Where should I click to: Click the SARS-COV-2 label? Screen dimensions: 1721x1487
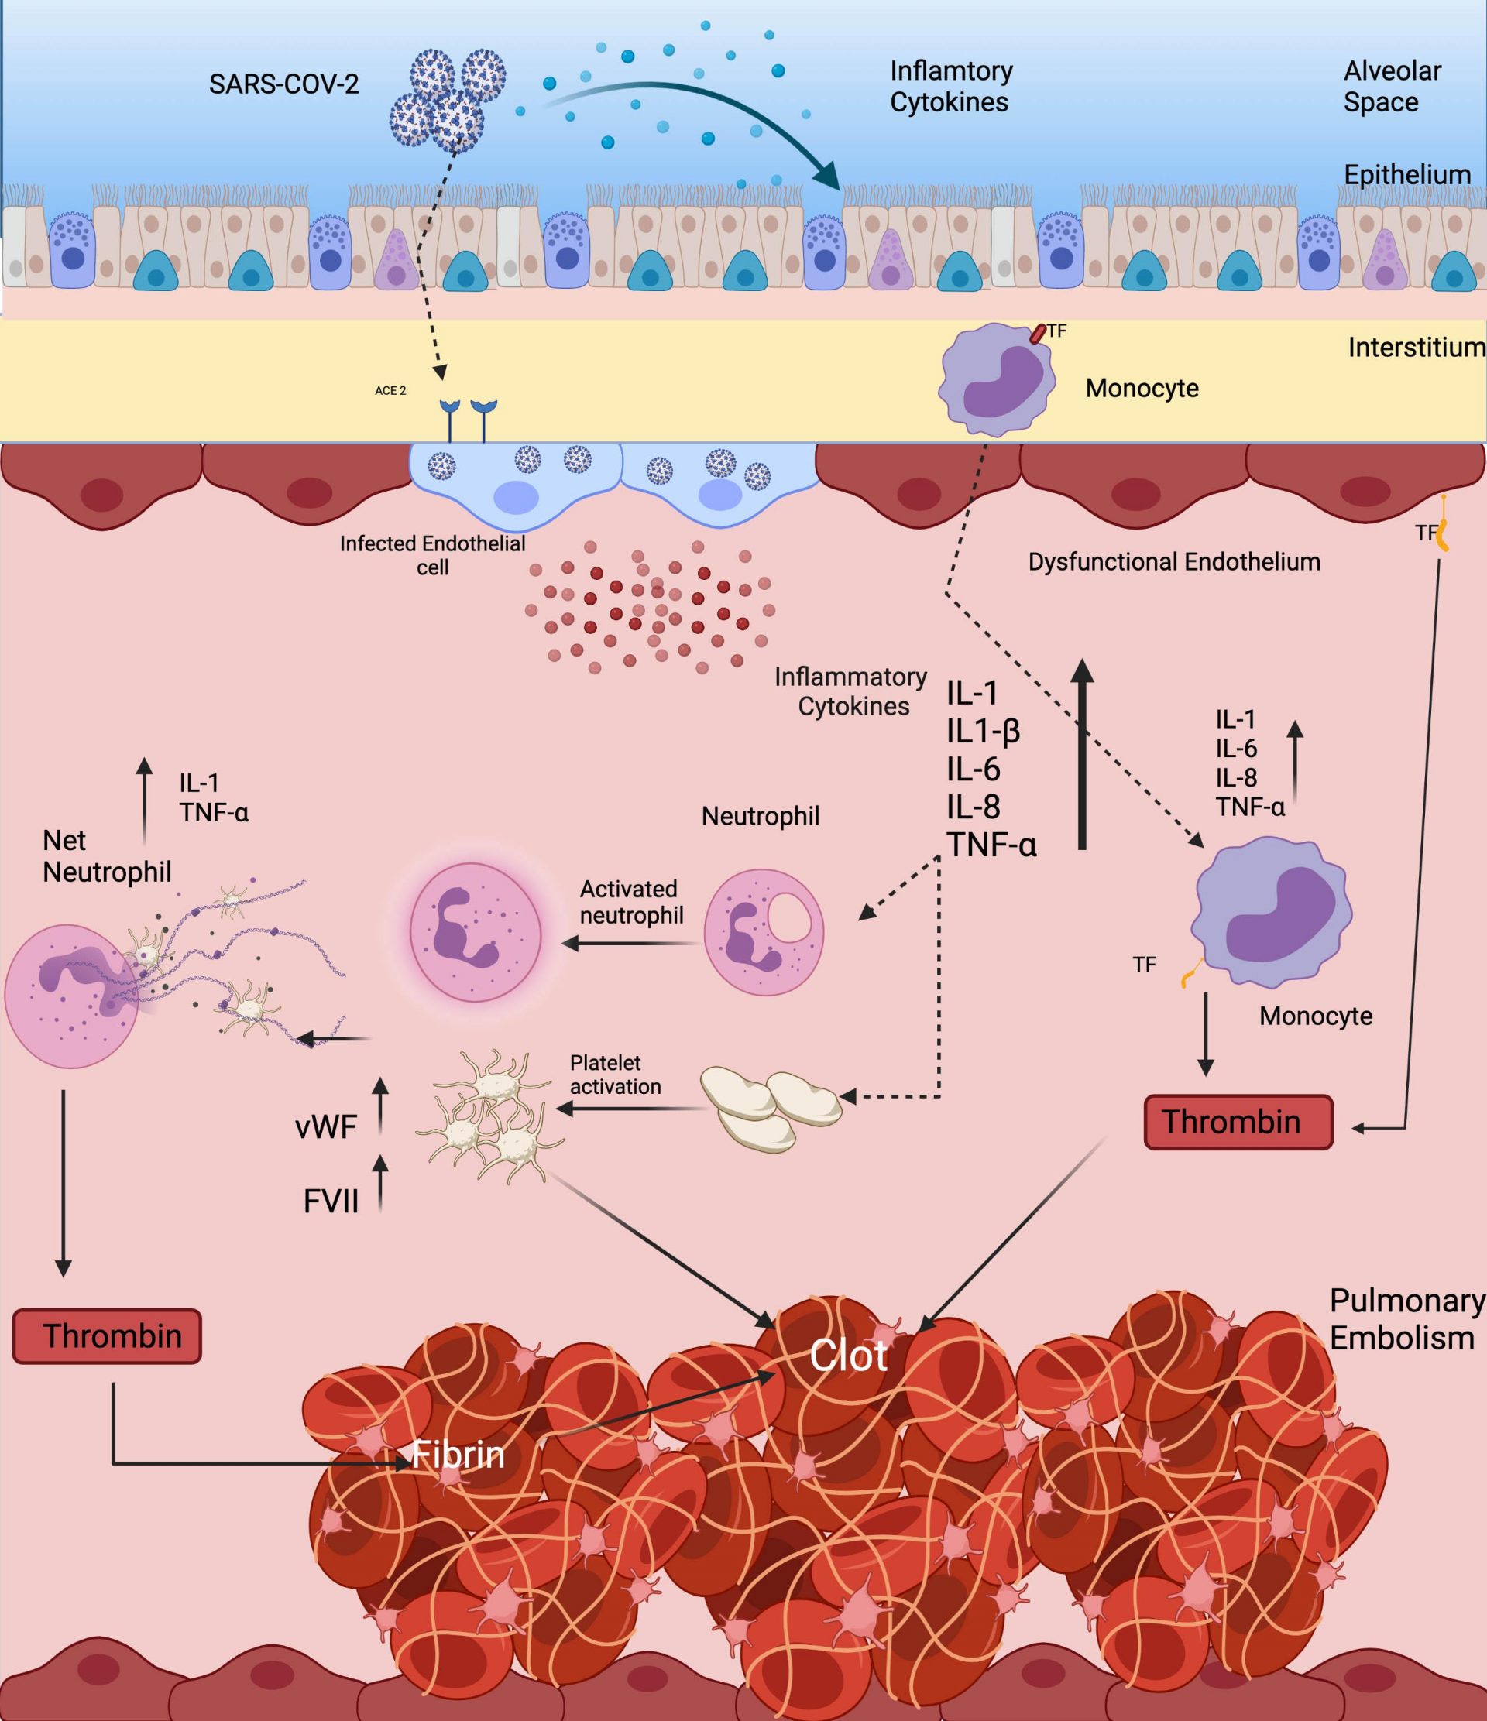tap(283, 84)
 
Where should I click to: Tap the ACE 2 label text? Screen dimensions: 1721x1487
tap(390, 390)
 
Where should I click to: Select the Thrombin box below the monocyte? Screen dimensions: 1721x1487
tap(1238, 1122)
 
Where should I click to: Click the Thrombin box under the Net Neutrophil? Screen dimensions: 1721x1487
tap(107, 1336)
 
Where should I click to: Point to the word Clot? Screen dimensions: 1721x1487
tap(848, 1356)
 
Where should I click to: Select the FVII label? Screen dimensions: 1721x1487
tap(331, 1202)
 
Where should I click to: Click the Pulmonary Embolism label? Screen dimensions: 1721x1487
tap(1406, 1319)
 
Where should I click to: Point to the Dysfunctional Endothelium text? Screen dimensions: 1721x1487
tap(1174, 562)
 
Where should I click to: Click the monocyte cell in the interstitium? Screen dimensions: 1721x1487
tap(997, 378)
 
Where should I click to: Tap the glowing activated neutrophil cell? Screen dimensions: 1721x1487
tap(476, 934)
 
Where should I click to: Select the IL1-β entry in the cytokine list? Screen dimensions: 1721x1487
tap(983, 731)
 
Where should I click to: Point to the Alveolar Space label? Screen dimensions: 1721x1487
tap(1393, 87)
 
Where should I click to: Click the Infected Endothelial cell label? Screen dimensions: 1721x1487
tap(433, 555)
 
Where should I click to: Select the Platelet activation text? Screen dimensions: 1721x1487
tap(616, 1074)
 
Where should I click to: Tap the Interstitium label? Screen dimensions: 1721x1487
tap(1417, 347)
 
